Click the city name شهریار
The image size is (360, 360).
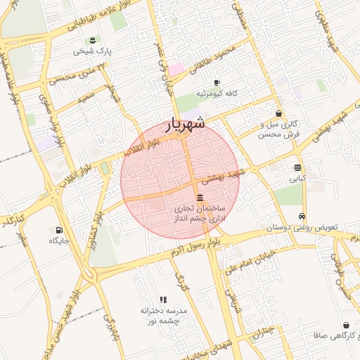(186, 124)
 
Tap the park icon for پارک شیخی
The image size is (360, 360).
(94, 39)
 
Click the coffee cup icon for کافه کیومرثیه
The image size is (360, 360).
(217, 82)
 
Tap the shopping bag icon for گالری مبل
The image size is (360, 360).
(279, 113)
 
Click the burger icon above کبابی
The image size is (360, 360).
(297, 167)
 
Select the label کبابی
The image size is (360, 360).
(297, 179)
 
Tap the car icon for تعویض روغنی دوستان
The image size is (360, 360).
(302, 216)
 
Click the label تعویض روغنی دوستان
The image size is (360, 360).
(302, 228)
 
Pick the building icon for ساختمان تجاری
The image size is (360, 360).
(200, 197)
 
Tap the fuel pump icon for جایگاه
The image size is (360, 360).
(58, 229)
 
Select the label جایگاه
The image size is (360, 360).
(58, 240)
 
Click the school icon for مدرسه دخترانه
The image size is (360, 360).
(164, 299)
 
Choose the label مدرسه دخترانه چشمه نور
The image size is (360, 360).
(164, 315)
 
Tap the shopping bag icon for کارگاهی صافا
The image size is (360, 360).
(346, 326)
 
